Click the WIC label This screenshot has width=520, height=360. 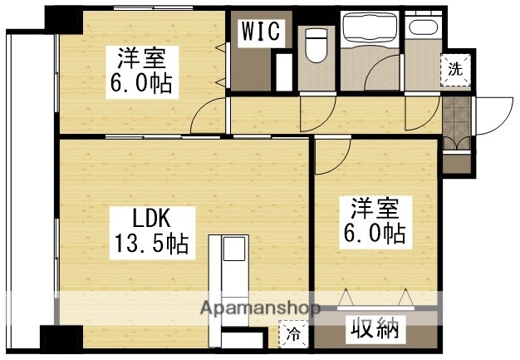[x=262, y=32]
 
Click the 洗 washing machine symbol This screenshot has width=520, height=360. [x=455, y=70]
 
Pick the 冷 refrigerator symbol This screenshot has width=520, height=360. [x=294, y=335]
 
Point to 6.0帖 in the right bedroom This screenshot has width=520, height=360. [x=379, y=234]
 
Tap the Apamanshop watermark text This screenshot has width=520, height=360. [x=258, y=308]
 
